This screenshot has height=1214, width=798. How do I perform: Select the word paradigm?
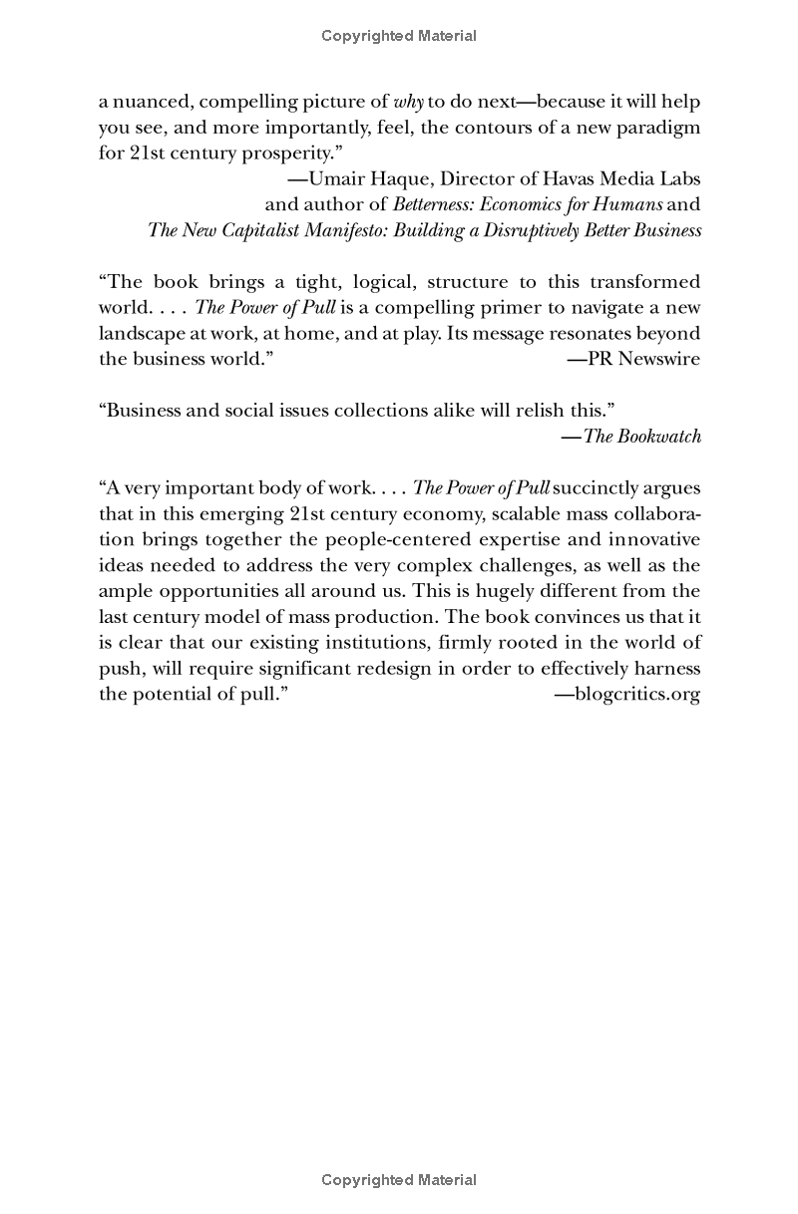point(654,128)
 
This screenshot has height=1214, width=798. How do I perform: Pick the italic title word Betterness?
point(435,204)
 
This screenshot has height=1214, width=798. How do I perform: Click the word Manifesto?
point(331,230)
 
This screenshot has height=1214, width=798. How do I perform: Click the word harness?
point(667,669)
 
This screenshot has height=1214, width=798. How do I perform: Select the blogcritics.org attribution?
point(627,695)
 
